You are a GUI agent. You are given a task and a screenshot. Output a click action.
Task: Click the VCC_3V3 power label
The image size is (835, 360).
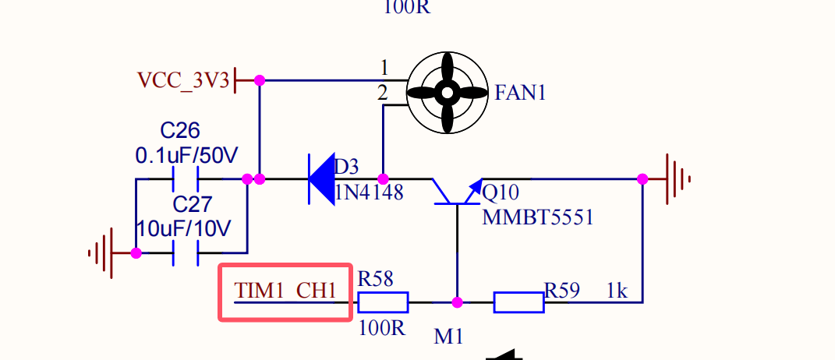[183, 80]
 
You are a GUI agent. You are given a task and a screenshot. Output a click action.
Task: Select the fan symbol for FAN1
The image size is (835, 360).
[448, 93]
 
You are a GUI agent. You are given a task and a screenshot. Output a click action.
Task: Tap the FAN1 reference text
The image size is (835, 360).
[520, 94]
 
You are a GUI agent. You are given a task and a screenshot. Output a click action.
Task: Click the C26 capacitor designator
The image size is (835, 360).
[180, 129]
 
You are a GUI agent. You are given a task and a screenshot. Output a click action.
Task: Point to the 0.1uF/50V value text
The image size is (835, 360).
[186, 155]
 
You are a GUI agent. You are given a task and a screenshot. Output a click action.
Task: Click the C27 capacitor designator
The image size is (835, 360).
[192, 205]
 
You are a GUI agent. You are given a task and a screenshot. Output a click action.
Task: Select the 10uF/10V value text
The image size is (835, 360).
[184, 229]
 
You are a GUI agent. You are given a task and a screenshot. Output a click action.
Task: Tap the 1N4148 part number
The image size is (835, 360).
[369, 192]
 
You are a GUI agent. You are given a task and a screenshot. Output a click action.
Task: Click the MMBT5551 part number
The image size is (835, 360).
[538, 217]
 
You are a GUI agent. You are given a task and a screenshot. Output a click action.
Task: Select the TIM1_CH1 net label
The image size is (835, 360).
[285, 291]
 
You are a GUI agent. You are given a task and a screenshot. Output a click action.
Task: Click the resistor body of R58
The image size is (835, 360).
[383, 302]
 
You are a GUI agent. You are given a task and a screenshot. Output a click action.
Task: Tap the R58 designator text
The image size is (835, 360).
[375, 278]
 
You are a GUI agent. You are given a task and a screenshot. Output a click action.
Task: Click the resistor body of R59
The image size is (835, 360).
[518, 302]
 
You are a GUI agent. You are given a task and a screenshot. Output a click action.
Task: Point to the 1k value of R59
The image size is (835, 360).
[617, 291]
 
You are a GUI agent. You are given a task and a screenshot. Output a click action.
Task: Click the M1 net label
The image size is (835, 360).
[448, 337]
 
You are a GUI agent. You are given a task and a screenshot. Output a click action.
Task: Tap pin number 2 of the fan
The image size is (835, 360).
[382, 94]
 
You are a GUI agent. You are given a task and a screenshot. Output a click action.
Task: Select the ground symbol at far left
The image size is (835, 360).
[102, 252]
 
